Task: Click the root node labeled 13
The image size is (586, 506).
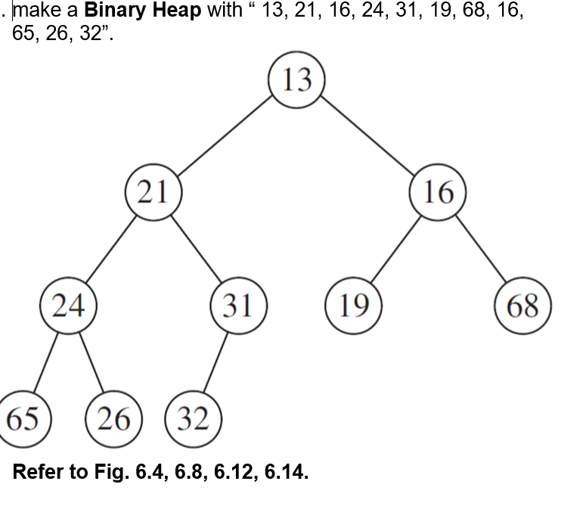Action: coord(296,79)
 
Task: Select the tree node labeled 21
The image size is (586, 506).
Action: coord(153,192)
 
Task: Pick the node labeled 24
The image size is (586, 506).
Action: coord(67,306)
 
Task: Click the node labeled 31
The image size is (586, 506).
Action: coord(239,306)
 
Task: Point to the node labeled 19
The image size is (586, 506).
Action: coord(353,306)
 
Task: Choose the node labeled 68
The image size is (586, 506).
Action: coord(522,306)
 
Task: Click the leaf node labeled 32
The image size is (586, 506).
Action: coord(193,418)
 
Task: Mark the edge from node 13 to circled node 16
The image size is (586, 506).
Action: coord(367,135)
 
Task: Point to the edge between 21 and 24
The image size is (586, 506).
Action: coord(110,249)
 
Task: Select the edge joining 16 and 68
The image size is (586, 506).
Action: coord(481,249)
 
